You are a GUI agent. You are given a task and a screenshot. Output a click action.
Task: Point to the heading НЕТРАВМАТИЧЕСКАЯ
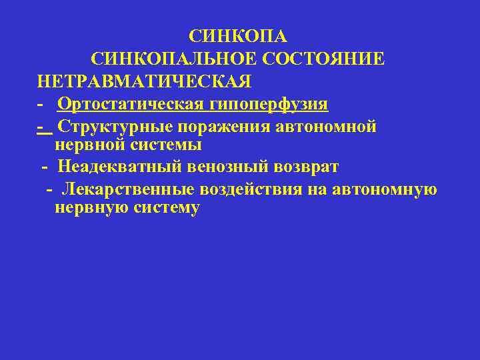click(x=145, y=81)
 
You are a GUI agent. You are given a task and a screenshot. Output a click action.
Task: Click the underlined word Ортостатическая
click(x=131, y=104)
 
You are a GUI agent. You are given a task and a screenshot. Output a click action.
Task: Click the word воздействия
click(x=247, y=189)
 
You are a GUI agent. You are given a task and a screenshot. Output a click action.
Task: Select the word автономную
click(x=381, y=189)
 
